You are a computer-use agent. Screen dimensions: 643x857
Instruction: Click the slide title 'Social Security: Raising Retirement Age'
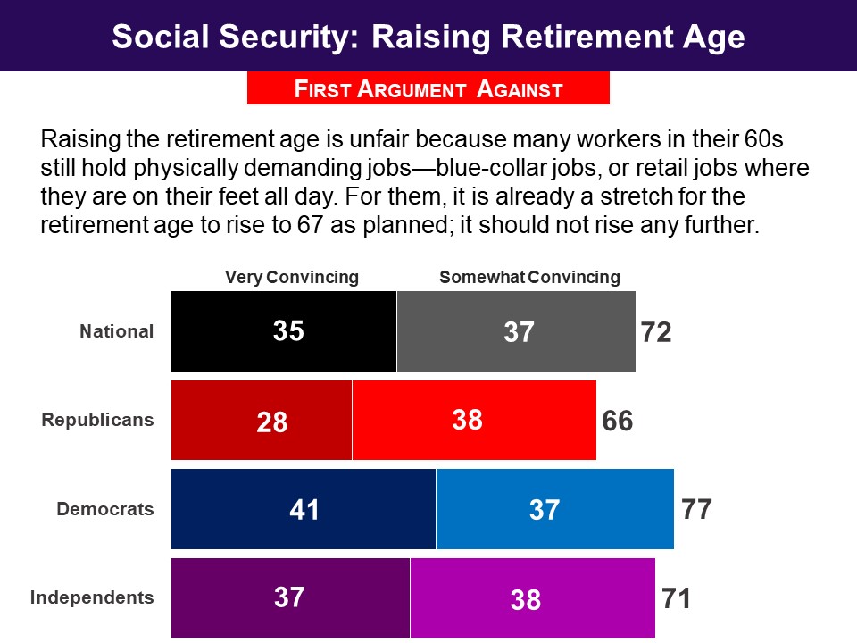(428, 37)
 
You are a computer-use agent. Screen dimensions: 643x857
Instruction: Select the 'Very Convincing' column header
(291, 277)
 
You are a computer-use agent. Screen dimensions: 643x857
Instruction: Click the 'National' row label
(117, 331)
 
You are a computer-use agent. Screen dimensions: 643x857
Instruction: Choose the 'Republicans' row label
(98, 420)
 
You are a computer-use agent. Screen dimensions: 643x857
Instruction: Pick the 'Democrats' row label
(105, 509)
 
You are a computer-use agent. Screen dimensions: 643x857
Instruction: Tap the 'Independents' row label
(92, 597)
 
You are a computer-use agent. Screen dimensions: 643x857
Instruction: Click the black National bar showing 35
(284, 331)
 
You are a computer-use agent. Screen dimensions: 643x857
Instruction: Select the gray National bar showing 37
(516, 331)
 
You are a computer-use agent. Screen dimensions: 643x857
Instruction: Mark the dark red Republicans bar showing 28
(262, 420)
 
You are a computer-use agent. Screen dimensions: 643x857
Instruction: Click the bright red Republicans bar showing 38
(474, 420)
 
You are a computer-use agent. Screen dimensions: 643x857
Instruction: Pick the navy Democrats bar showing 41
(304, 509)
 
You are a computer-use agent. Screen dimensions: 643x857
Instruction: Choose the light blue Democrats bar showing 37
(554, 509)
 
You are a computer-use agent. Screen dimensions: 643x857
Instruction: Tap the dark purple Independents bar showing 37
(290, 597)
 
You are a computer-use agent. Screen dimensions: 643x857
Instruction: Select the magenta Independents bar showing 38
(532, 597)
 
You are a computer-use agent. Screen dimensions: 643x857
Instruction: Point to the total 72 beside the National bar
(656, 332)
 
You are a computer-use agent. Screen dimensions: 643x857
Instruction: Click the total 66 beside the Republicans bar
(618, 421)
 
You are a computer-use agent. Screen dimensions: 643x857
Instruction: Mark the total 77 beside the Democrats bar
(696, 510)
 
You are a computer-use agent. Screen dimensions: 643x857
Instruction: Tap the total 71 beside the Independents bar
(677, 598)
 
